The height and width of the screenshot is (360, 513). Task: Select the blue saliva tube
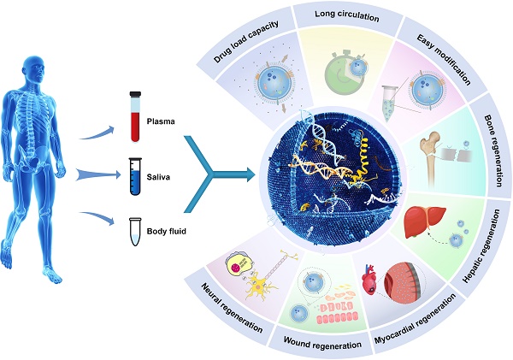pos(133,174)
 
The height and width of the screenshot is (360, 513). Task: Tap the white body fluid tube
pos(133,230)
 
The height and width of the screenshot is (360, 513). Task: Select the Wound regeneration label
pos(315,349)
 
